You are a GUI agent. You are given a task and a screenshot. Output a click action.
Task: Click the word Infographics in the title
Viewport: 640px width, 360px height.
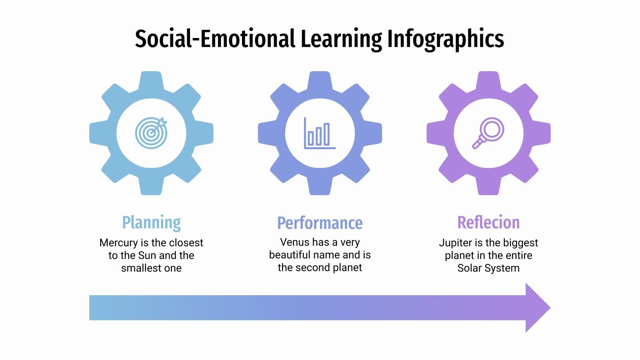pos(445,39)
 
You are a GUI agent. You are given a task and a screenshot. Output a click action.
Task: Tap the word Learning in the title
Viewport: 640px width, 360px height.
pos(341,39)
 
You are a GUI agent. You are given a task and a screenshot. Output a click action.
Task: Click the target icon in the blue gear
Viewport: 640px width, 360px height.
pos(151,133)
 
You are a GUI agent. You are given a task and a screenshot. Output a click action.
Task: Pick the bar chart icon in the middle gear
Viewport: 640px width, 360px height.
pos(319,133)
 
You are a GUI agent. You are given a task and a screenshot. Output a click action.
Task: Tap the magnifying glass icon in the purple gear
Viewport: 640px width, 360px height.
pos(488,133)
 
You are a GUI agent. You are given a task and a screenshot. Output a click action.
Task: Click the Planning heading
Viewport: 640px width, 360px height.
pos(151,222)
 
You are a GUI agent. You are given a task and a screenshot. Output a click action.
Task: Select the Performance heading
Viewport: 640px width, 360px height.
pos(320,223)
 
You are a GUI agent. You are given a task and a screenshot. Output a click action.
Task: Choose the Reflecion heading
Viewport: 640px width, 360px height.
pos(488,222)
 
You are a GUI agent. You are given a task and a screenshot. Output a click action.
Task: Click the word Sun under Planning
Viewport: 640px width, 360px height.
pos(147,255)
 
